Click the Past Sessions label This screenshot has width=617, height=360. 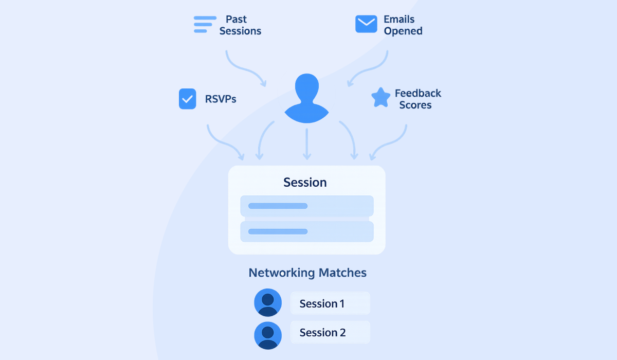click(240, 25)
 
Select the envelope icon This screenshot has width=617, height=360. click(366, 24)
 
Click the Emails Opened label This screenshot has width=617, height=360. click(403, 25)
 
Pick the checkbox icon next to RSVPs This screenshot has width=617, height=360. click(187, 99)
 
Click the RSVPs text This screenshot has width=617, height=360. click(221, 99)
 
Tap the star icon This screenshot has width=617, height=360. click(380, 98)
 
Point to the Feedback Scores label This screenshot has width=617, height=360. click(418, 99)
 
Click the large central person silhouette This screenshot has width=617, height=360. click(306, 98)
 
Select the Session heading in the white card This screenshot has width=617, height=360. click(305, 183)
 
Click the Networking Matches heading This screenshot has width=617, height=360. click(307, 273)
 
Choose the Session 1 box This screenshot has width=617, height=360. click(330, 303)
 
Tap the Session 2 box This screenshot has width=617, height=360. click(330, 333)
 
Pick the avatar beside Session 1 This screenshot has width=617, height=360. click(268, 302)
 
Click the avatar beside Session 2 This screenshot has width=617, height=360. click(268, 335)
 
